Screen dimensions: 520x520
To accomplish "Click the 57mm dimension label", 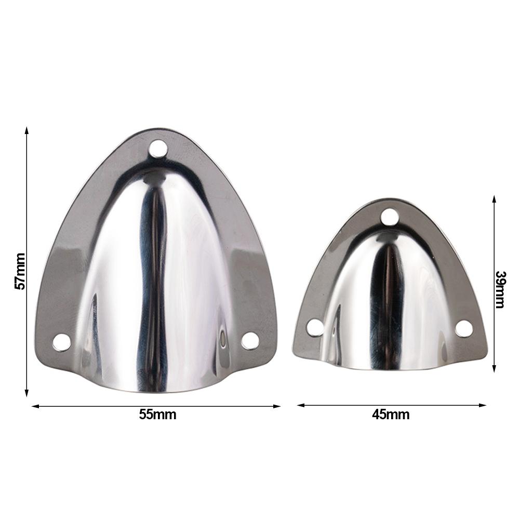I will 20,271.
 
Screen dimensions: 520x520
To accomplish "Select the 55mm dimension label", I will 157,415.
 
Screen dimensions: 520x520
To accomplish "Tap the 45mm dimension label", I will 391,415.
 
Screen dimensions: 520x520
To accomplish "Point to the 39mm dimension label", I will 500,289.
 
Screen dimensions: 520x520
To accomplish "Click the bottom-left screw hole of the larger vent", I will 62,342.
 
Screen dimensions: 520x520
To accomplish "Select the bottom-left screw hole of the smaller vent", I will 314,328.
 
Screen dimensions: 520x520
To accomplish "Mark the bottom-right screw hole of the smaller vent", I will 464,328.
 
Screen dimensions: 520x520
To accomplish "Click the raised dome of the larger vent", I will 156,281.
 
